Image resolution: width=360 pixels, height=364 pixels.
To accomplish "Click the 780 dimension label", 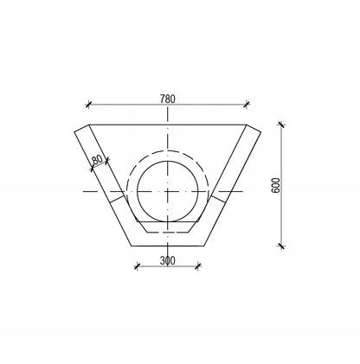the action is click(167, 99).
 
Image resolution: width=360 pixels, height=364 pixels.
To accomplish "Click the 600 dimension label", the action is click(276, 185).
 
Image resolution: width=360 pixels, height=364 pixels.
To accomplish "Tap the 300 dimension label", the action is click(167, 260).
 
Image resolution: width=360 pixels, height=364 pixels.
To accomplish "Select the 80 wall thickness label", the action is click(97, 160).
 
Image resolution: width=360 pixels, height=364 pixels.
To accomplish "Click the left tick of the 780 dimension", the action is click(88, 105).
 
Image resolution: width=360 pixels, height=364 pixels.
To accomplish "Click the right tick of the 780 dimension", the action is click(247, 105).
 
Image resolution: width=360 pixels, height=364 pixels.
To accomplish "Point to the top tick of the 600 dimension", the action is click(281, 125).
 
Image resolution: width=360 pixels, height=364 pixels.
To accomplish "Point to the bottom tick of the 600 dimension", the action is click(281, 246).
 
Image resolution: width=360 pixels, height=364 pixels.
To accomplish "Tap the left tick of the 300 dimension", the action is click(137, 266).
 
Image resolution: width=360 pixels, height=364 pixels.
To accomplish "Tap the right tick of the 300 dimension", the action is click(198, 266).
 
